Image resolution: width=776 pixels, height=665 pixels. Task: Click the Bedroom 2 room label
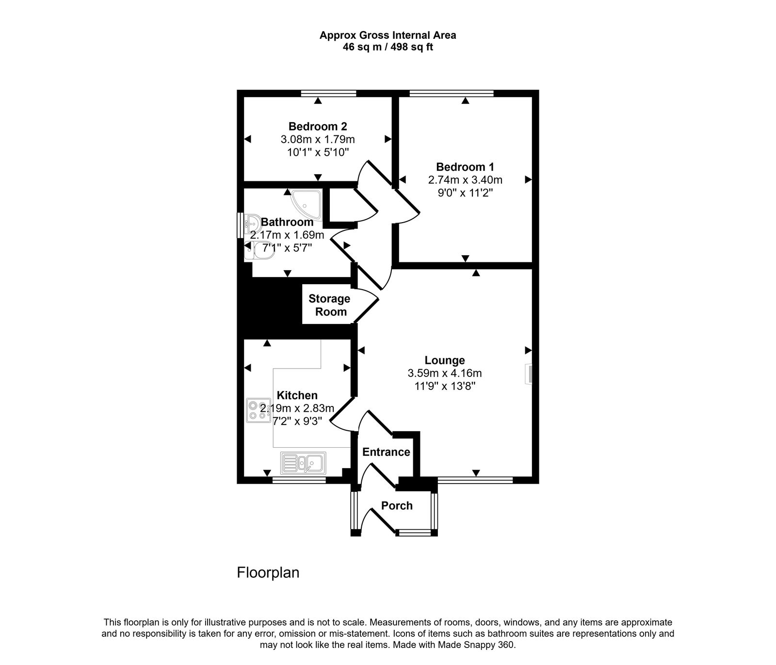click(318, 127)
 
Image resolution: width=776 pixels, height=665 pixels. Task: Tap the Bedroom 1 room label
click(465, 167)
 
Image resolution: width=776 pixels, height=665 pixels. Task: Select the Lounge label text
click(445, 360)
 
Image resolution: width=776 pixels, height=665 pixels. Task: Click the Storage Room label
click(329, 305)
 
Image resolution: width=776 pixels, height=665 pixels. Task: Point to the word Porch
click(397, 506)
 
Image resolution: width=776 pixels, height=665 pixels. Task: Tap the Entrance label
click(386, 452)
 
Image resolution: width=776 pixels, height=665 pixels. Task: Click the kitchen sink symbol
click(304, 463)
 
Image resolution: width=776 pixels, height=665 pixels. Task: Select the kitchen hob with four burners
click(259, 410)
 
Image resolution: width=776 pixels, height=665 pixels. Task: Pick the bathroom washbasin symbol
click(251, 225)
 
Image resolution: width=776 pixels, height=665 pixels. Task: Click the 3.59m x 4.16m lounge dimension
click(445, 373)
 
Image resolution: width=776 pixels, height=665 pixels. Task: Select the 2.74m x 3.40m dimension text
click(465, 180)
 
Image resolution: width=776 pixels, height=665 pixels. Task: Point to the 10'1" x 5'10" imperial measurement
click(318, 152)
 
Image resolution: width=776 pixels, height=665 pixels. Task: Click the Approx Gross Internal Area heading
click(388, 35)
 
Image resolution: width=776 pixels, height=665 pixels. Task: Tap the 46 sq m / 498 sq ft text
click(388, 48)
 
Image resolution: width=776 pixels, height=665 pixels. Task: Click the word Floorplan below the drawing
click(268, 573)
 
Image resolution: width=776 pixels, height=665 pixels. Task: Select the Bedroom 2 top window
click(328, 93)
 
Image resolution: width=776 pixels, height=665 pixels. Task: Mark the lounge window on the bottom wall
click(475, 480)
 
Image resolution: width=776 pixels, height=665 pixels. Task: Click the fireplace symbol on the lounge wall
click(529, 374)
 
